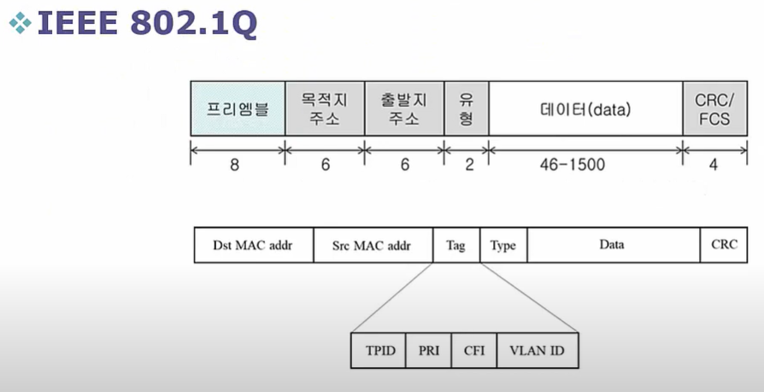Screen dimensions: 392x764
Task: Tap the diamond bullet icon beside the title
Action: pyautogui.click(x=18, y=24)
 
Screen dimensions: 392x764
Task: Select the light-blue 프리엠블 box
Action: pyautogui.click(x=238, y=108)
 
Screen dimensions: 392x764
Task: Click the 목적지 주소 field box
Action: pyautogui.click(x=325, y=108)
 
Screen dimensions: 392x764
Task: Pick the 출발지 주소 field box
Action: pyautogui.click(x=404, y=108)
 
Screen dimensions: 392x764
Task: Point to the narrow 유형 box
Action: pyautogui.click(x=467, y=108)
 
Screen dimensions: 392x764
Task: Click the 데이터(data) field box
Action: pyautogui.click(x=585, y=108)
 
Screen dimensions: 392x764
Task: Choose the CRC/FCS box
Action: pyautogui.click(x=714, y=108)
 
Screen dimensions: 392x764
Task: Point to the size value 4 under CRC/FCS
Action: pyautogui.click(x=714, y=164)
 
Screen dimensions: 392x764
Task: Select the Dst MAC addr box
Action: pyautogui.click(x=253, y=245)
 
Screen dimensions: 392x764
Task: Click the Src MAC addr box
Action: pyautogui.click(x=373, y=245)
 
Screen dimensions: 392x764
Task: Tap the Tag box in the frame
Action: pyautogui.click(x=456, y=245)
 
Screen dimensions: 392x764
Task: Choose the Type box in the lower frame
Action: pyautogui.click(x=503, y=245)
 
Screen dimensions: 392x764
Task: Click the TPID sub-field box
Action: pyautogui.click(x=379, y=351)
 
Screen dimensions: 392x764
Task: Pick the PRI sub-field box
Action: pyautogui.click(x=428, y=351)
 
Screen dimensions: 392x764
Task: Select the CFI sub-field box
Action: pyautogui.click(x=473, y=351)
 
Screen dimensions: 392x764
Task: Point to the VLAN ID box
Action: pyautogui.click(x=537, y=351)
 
